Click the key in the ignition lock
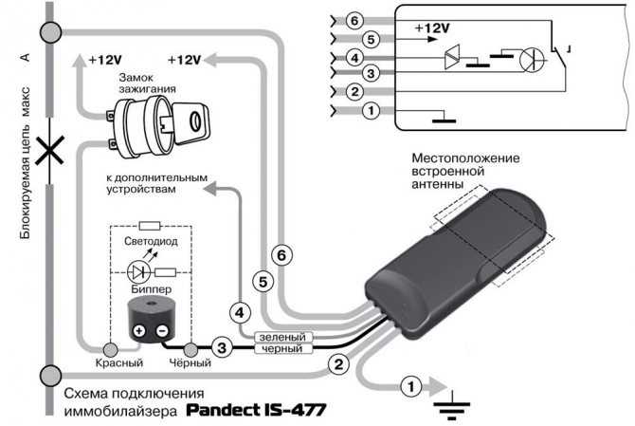tap(190, 122)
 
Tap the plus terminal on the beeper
tap(139, 331)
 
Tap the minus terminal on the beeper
tap(162, 331)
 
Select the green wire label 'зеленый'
tap(282, 337)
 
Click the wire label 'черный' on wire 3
tap(282, 348)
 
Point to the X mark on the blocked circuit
tap(49, 150)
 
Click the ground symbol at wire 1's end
tap(452, 405)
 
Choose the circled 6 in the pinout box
tap(354, 21)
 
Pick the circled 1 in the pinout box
tap(371, 110)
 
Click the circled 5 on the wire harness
tap(263, 282)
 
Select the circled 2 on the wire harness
tap(338, 364)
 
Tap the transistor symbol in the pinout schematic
tap(532, 60)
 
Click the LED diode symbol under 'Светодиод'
tap(139, 272)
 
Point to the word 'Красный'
tap(119, 362)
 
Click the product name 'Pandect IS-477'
tap(256, 410)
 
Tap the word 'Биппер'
tap(152, 289)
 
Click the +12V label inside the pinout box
tap(432, 28)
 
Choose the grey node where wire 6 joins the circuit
tap(51, 32)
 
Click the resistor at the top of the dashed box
tap(150, 226)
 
